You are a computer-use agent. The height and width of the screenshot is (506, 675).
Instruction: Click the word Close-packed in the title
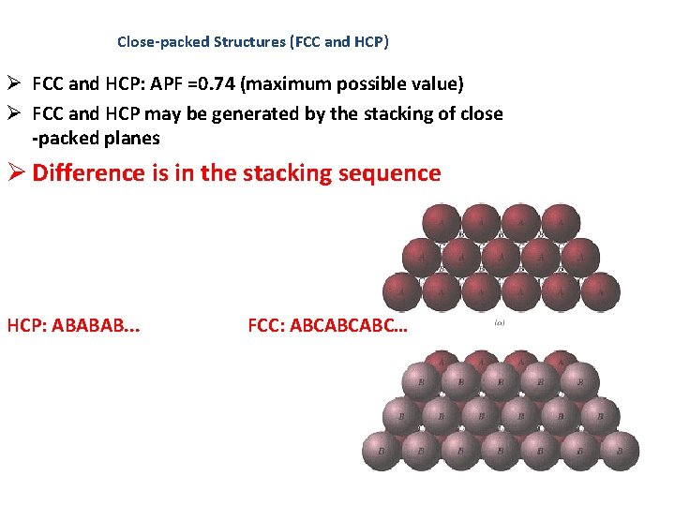coord(163,42)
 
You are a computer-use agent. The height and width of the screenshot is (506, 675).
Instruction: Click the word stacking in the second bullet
coord(370,113)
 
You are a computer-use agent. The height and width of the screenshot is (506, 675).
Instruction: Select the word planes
coord(134,138)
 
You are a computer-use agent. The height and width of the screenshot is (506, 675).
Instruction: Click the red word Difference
coord(90,173)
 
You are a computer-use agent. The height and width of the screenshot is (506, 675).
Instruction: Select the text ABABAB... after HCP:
coord(104,326)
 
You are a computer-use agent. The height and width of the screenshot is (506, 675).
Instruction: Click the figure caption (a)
coord(500,322)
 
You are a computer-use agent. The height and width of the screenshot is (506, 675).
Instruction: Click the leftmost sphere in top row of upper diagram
coord(442,221)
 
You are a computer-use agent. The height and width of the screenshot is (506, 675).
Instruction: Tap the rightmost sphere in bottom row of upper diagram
coord(600,290)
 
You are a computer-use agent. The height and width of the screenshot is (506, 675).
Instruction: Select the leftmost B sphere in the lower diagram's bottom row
coord(382,451)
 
